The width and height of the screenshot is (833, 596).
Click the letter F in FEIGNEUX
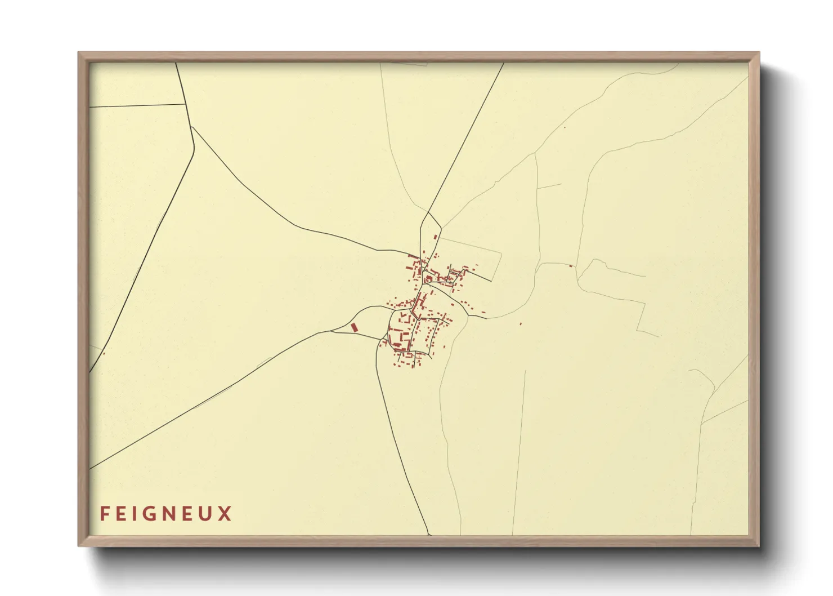(x=105, y=514)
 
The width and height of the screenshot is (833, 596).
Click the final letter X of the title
(x=226, y=514)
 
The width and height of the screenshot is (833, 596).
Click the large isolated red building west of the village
(x=354, y=327)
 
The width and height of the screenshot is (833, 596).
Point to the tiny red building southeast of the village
(x=521, y=324)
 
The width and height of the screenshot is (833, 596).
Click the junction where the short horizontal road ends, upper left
(x=185, y=104)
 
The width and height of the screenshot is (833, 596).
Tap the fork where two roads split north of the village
(x=428, y=213)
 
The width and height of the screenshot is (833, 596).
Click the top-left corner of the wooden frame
(x=79, y=54)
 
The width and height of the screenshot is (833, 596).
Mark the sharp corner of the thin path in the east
(x=637, y=331)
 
